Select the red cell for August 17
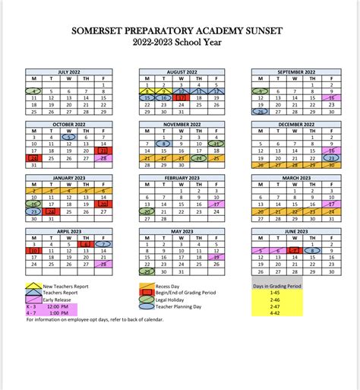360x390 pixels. [181, 97]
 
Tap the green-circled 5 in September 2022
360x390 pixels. [261, 90]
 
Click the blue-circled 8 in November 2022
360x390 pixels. [163, 143]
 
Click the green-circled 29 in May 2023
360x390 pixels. [144, 270]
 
